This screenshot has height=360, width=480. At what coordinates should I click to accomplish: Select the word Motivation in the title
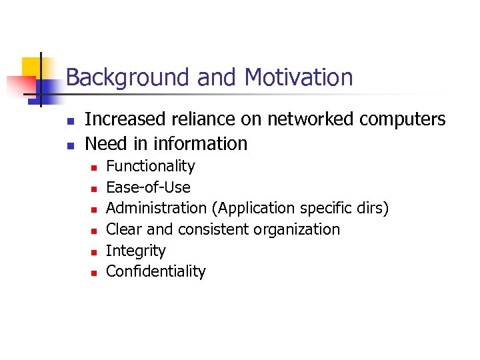pyautogui.click(x=299, y=78)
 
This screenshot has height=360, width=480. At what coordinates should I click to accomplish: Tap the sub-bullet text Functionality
pyautogui.click(x=151, y=166)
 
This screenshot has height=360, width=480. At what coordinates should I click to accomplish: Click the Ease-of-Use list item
pyautogui.click(x=149, y=187)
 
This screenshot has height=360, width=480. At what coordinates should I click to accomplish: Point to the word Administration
pyautogui.click(x=157, y=208)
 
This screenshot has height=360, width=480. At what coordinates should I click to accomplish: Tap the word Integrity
pyautogui.click(x=136, y=251)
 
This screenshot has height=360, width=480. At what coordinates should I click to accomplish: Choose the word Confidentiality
pyautogui.click(x=156, y=271)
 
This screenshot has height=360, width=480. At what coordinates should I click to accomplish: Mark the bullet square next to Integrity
pyautogui.click(x=94, y=252)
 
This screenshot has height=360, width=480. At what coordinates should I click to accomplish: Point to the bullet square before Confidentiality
pyautogui.click(x=94, y=273)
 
